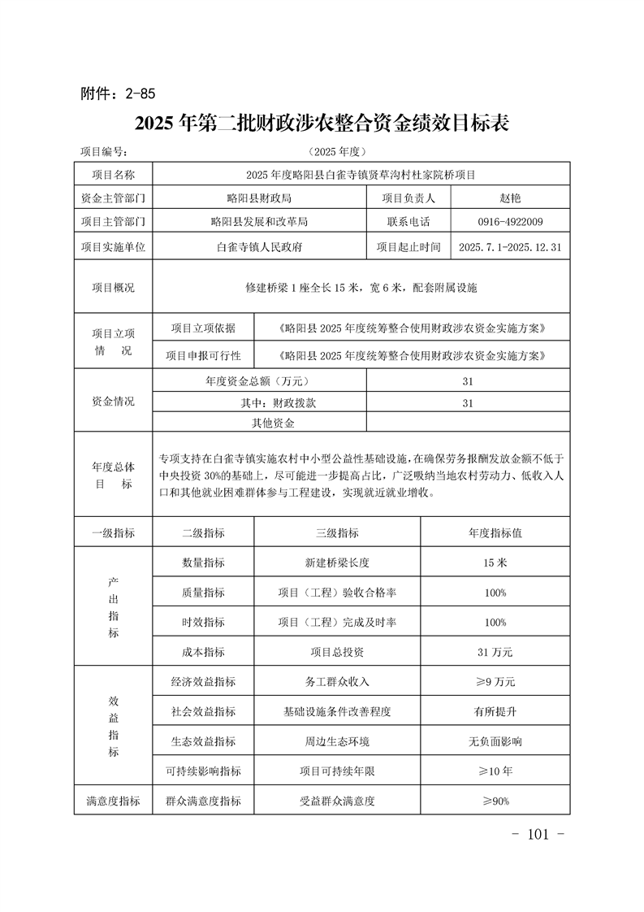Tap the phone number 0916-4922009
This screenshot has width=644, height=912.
coord(511,221)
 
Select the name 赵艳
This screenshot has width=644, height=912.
coord(511,198)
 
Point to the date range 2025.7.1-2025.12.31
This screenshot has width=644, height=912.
coord(511,246)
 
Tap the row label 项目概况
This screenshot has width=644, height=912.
coord(114,288)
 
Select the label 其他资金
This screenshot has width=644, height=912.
coord(273,423)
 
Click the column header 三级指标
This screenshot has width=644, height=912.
coord(337,532)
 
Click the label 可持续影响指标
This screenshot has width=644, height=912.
coord(203,771)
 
